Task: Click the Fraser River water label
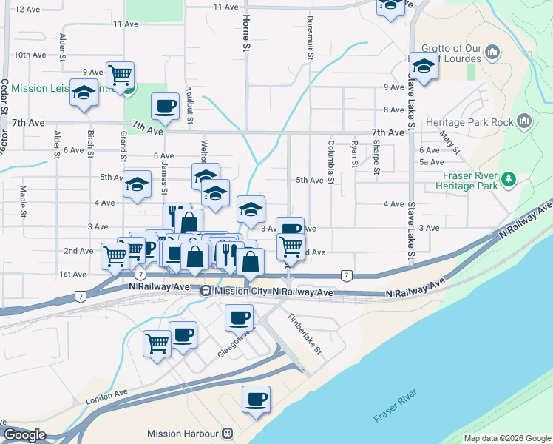click(396, 408)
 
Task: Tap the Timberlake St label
click(305, 335)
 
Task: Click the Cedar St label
click(4, 96)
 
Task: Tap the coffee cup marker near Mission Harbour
click(257, 399)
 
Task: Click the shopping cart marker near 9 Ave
click(120, 74)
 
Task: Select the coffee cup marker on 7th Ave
click(165, 106)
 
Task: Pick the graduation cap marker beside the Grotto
click(424, 67)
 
